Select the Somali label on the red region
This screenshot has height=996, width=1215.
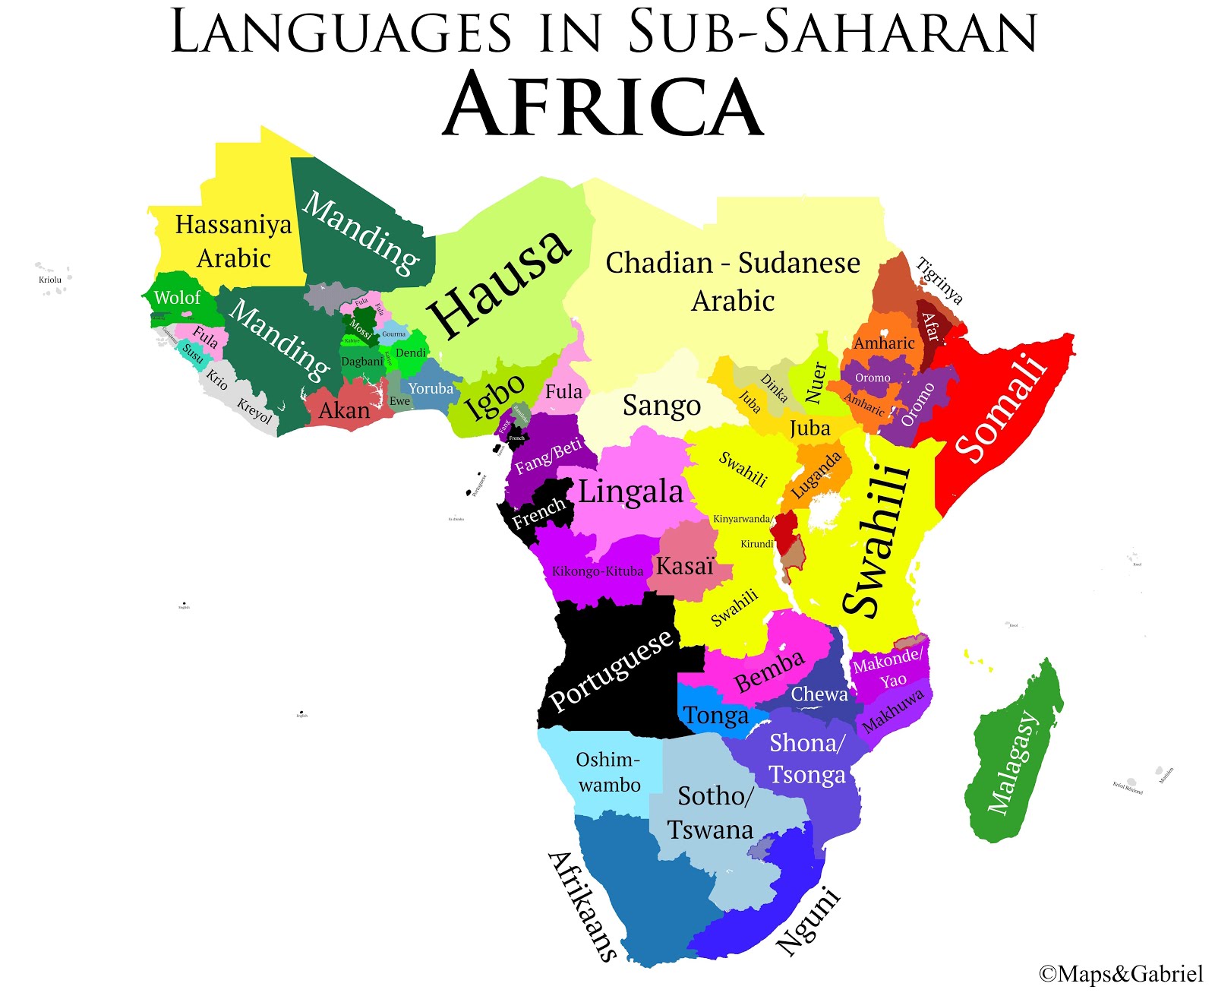coord(1001,408)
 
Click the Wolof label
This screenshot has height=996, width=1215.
coord(177,298)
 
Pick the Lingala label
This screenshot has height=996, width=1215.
coord(630,492)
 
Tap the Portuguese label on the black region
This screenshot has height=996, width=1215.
coord(611,670)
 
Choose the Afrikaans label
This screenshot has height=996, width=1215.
coord(582,906)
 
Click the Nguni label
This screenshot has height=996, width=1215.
coord(809,921)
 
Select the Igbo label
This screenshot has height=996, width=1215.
coord(494,397)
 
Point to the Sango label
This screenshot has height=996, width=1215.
coord(661,406)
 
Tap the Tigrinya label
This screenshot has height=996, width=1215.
coord(940,281)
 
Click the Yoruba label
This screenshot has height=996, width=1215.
coord(431,389)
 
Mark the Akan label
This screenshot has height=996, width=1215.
coord(344,411)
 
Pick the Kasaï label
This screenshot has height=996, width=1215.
coord(685,566)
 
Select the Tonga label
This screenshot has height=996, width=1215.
coord(715,716)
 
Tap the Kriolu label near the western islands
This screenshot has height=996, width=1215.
coord(50,280)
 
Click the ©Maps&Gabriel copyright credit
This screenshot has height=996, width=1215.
coord(1121,974)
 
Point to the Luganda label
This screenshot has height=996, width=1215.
coord(816,475)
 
